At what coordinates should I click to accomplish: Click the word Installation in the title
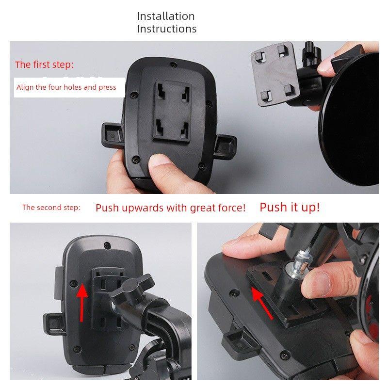(x=165, y=16)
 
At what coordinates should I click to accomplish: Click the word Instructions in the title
(x=166, y=29)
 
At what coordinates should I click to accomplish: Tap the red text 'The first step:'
(x=45, y=65)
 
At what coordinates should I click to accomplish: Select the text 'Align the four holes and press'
(x=66, y=87)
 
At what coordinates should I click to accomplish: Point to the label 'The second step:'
(x=51, y=208)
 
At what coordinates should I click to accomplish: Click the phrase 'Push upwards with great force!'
(x=170, y=208)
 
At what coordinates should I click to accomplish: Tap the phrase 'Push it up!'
(x=290, y=207)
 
